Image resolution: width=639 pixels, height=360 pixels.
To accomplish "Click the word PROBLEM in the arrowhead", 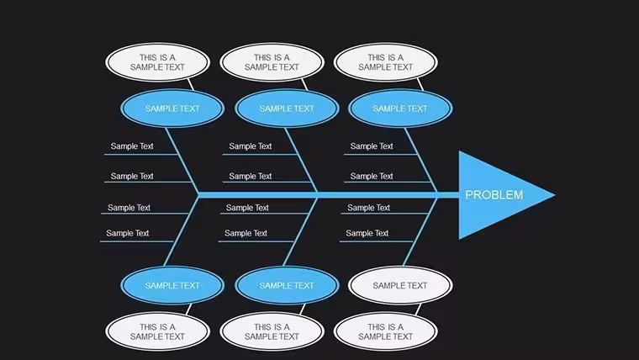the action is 494,195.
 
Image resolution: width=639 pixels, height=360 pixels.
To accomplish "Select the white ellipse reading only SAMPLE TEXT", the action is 400,285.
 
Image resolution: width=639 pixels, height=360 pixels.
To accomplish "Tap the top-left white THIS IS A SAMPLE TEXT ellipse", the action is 158,62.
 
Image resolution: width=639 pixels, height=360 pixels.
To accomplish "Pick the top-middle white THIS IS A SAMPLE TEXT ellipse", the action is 272,62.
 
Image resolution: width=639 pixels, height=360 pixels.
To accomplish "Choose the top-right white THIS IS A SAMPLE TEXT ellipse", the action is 386,62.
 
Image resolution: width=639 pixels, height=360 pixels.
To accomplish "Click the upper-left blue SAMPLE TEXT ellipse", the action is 172,109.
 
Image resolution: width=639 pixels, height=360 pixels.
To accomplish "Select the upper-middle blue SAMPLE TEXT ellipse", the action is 287,109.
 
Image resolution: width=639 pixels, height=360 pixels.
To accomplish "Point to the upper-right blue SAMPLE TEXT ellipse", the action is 400,109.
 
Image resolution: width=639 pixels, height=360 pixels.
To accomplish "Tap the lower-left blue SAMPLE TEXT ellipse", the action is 172,285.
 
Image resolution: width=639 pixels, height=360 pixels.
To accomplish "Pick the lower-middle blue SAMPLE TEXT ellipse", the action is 287,285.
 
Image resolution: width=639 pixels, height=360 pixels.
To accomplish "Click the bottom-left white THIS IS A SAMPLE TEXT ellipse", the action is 158,332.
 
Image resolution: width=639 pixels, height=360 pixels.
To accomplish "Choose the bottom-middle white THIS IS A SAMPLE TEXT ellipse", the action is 272,332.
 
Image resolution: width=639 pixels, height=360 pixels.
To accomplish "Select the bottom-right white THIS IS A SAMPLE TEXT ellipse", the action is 386,332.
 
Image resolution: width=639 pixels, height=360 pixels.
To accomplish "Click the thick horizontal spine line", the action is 329,195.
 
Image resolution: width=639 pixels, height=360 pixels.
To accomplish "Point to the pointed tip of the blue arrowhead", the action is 555,195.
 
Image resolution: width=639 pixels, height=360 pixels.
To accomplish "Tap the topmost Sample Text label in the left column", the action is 132,146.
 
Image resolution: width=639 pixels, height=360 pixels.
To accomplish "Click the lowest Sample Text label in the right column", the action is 367,233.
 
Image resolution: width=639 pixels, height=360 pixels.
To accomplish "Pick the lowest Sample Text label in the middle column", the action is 246,233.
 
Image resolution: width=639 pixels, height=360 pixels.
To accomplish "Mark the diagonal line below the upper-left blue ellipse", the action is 182,161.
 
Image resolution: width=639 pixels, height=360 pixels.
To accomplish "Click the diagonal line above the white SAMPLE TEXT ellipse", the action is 420,231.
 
